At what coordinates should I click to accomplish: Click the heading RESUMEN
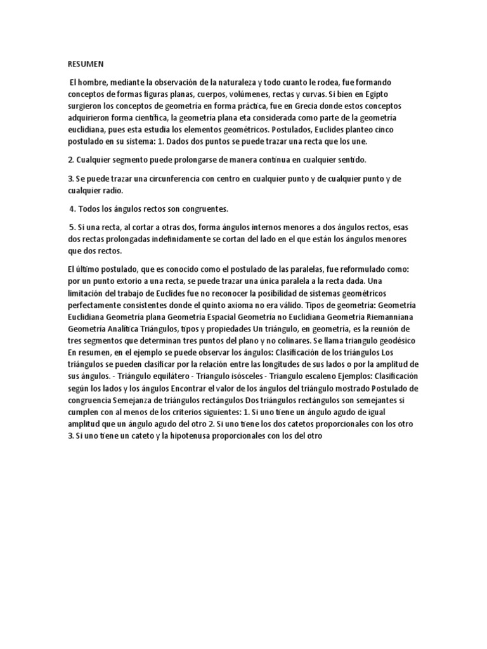coord(85,65)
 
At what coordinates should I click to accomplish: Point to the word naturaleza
coord(232,82)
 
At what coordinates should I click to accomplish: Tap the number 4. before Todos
coord(73,209)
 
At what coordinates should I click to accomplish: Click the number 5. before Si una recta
coord(72,226)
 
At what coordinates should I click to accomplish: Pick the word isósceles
coord(240,376)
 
